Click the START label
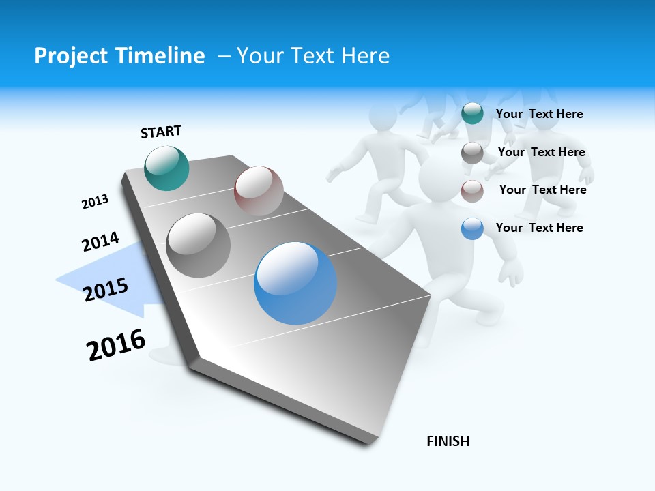pos(161,132)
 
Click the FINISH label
pos(448,441)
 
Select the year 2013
pos(95,202)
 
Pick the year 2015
pos(106,290)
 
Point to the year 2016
pos(116,345)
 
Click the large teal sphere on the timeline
pos(166,168)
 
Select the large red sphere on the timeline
pos(259,191)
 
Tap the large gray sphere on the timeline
pos(199,245)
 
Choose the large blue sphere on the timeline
pos(295,283)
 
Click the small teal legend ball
pos(472,113)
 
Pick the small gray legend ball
pos(472,153)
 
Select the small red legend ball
pos(472,191)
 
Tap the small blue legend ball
pos(472,228)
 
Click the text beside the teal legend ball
pos(539,115)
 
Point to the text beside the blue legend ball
pos(539,228)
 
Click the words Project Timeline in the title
pos(119,56)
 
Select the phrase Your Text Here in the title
pos(313,56)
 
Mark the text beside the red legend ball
pos(542,190)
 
